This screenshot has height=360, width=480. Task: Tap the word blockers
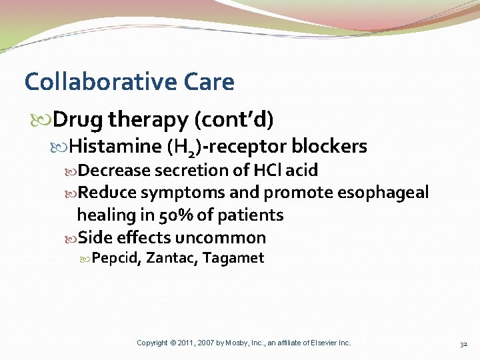pyautogui.click(x=329, y=145)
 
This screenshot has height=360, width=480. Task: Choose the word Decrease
pyautogui.click(x=114, y=171)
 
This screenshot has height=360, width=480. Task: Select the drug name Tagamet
pyautogui.click(x=233, y=258)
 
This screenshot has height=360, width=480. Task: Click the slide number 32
pyautogui.click(x=463, y=344)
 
